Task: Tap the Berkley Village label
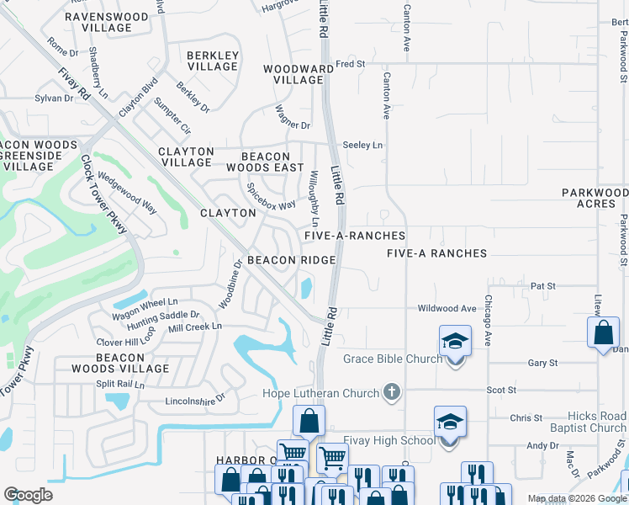[x=213, y=61]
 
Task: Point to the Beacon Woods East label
[x=266, y=162]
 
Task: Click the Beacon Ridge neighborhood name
[x=292, y=261]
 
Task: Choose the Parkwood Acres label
[x=595, y=199]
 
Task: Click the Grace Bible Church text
[x=393, y=359]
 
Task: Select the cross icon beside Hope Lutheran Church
[x=391, y=392]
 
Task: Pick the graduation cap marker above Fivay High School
[x=450, y=421]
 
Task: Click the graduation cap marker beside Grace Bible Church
[x=455, y=342]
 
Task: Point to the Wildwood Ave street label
[x=447, y=309]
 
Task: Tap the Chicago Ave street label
[x=487, y=321]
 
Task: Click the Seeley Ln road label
[x=363, y=146]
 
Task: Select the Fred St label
[x=351, y=63]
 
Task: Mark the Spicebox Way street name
[x=271, y=197]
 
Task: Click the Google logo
[x=28, y=495]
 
